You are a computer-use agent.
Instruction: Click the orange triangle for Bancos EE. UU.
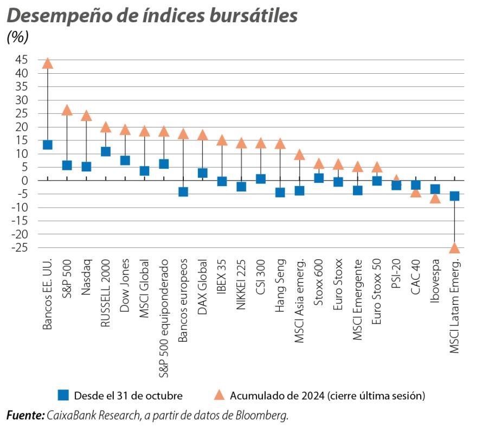click(x=48, y=63)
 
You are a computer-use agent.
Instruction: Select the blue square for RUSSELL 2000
click(x=106, y=151)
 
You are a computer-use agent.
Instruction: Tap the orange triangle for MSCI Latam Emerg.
click(x=454, y=248)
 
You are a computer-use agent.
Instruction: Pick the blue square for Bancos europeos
click(x=183, y=191)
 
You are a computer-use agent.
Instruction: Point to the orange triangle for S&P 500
click(x=67, y=110)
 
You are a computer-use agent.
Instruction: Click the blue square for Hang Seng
click(x=280, y=192)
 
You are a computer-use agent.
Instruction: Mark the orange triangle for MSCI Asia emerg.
click(x=299, y=155)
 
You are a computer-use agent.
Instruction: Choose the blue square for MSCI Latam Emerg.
click(x=454, y=196)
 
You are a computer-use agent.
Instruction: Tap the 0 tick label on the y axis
click(x=25, y=180)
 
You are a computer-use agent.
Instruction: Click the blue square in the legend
click(x=63, y=395)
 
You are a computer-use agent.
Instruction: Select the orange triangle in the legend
click(x=219, y=395)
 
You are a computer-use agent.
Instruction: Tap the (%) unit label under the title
click(x=17, y=37)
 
